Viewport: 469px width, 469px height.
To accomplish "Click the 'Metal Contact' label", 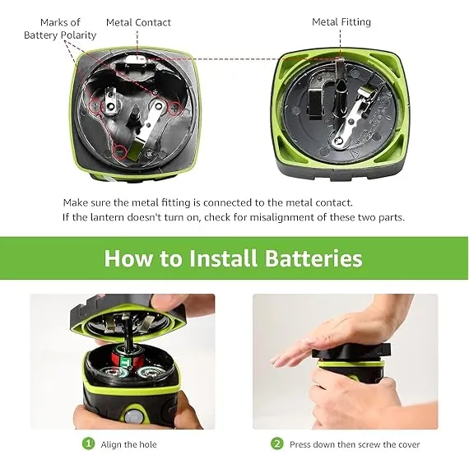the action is tap(138, 22).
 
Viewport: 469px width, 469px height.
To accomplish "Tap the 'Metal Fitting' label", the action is tap(341, 22).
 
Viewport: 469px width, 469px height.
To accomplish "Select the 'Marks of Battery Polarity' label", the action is tap(60, 29).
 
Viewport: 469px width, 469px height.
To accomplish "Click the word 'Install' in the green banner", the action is tap(223, 258).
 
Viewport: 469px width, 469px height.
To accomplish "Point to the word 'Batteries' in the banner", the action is tap(313, 258).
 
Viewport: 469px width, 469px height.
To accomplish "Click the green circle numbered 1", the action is tap(88, 443).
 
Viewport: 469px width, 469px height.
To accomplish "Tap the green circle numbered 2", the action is tap(276, 443).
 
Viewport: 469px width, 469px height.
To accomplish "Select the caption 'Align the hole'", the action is tap(128, 444).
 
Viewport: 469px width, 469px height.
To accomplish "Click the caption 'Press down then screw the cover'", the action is tap(355, 444).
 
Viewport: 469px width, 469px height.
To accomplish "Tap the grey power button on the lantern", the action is tap(132, 416).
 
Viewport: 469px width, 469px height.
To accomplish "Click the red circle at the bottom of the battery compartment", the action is tap(120, 151).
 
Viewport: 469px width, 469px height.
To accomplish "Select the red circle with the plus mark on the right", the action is tap(174, 108).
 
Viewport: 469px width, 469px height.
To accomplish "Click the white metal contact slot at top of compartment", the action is tap(135, 58).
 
